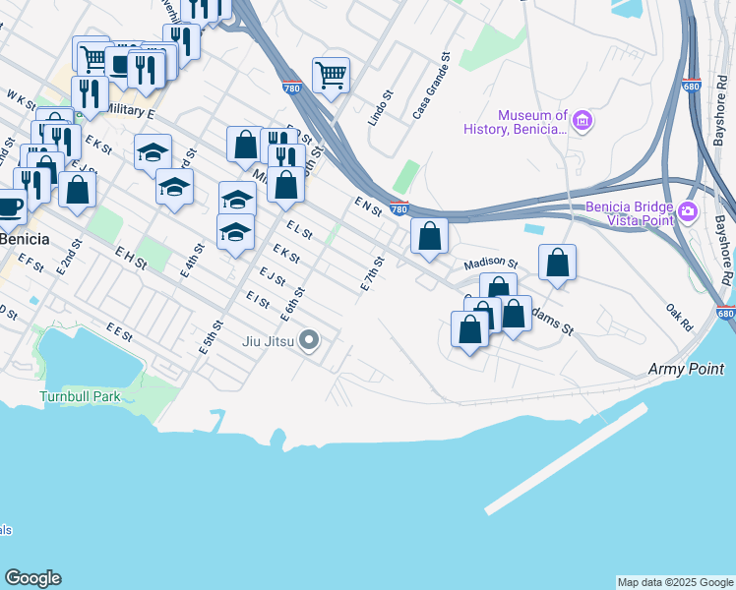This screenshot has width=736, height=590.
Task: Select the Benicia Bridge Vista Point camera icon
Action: [x=687, y=211]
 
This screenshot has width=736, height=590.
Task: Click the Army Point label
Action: [x=686, y=369]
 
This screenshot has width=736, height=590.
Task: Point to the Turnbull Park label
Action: [x=79, y=397]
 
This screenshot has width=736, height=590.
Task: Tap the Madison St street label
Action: [x=490, y=264]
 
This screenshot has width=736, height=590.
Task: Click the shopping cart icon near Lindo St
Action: [x=332, y=74]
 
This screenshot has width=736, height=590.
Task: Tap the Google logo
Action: [x=32, y=578]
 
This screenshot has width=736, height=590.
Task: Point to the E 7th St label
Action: [x=372, y=272]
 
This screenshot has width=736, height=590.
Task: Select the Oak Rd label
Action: [x=679, y=317]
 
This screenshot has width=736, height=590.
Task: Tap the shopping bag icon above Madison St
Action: [x=429, y=235]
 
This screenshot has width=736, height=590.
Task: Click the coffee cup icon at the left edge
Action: [x=10, y=207]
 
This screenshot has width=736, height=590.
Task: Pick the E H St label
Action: [x=130, y=260]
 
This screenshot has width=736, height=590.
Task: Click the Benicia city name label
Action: [x=22, y=240]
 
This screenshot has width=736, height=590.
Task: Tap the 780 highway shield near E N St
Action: [x=399, y=208]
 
